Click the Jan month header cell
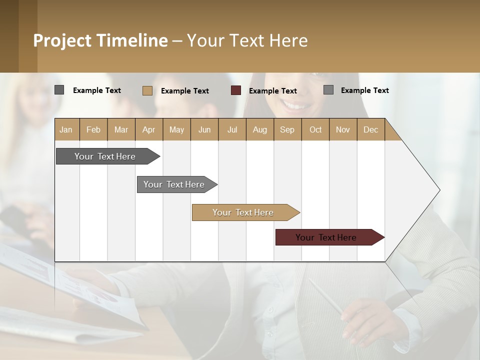pyautogui.click(x=66, y=129)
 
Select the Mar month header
pyautogui.click(x=121, y=129)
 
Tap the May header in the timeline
pyautogui.click(x=176, y=129)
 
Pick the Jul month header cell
pyautogui.click(x=232, y=129)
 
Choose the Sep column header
pyautogui.click(x=287, y=129)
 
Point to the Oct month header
pyautogui.click(x=315, y=129)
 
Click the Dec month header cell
pyautogui.click(x=370, y=129)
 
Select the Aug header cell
pyautogui.click(x=259, y=129)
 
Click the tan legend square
pyautogui.click(x=147, y=90)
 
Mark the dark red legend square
pyautogui.click(x=236, y=90)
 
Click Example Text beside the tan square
pyautogui.click(x=185, y=91)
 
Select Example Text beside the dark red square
pyautogui.click(x=273, y=91)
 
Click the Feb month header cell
pyautogui.click(x=93, y=129)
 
